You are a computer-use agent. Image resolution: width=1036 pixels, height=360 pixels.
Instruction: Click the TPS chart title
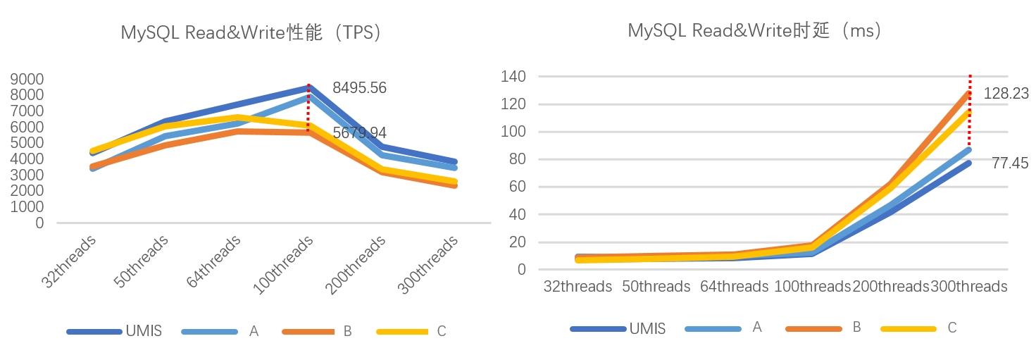click(x=252, y=33)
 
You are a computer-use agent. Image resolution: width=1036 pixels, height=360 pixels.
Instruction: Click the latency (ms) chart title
click(x=756, y=30)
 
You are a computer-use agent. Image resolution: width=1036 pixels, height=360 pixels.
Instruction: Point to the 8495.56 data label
click(x=359, y=88)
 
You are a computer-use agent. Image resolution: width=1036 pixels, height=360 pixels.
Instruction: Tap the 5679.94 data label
click(x=359, y=133)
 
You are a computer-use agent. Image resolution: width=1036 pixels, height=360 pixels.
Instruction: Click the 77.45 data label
click(x=1005, y=163)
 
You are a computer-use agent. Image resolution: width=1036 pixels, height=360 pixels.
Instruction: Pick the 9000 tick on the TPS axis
click(x=27, y=79)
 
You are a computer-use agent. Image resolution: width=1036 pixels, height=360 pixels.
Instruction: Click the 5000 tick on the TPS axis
click(x=27, y=143)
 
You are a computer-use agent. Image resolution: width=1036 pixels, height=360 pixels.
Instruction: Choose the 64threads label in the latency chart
click(x=734, y=287)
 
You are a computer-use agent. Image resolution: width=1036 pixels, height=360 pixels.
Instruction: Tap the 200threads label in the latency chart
click(x=891, y=287)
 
